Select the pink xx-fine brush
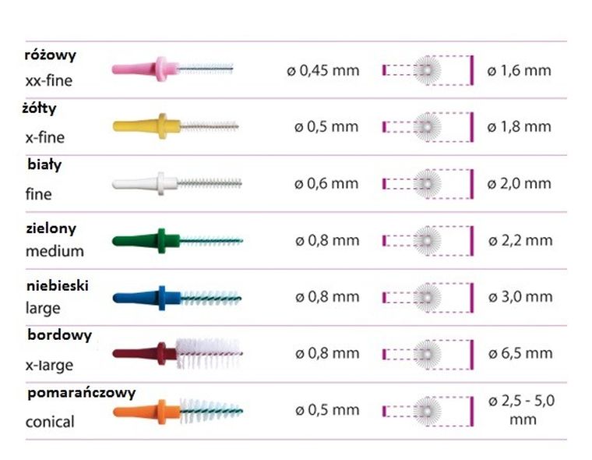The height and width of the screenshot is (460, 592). click(171, 69)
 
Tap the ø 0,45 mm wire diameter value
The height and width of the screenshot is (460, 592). click(322, 70)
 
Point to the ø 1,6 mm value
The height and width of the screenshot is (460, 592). click(519, 70)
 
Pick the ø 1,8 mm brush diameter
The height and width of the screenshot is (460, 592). click(519, 126)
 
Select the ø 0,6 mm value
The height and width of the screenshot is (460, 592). click(326, 184)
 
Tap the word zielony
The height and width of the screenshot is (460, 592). click(51, 229)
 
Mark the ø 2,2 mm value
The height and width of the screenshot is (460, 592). click(519, 240)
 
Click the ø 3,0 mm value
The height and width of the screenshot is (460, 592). click(519, 297)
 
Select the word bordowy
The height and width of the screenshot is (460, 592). click(59, 335)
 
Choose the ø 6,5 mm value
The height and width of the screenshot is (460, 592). click(519, 353)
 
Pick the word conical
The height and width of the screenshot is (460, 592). click(50, 422)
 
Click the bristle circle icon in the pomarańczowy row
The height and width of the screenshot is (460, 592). click(426, 409)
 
